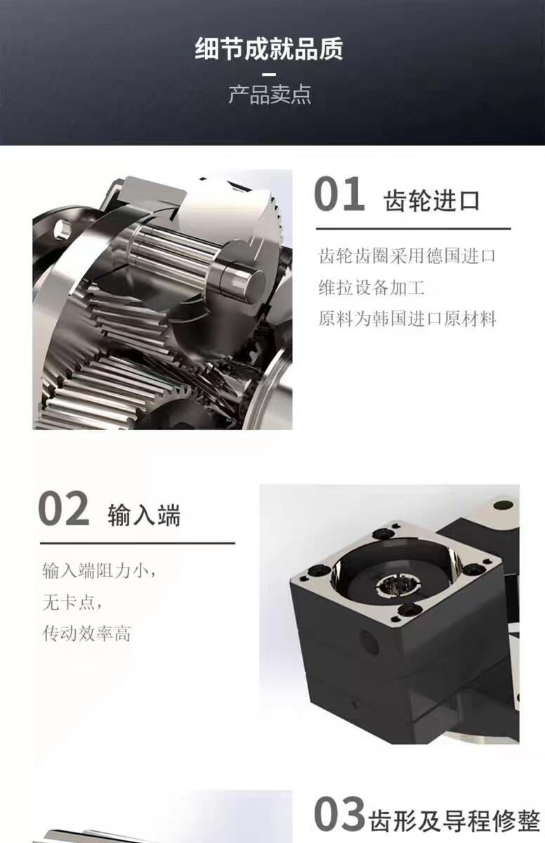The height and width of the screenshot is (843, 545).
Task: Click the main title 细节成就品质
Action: coord(269,49)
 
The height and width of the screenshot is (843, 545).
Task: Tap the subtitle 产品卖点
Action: coord(270,94)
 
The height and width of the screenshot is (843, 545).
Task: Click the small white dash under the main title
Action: coord(268,74)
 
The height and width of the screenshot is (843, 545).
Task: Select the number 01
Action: coord(339,194)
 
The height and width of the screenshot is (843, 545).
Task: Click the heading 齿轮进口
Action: coord(432,201)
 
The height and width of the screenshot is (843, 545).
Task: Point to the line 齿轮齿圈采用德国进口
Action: coord(407,256)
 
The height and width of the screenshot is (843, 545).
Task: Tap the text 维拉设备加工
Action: coord(372,287)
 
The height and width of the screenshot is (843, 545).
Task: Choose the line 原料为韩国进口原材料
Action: coord(407,319)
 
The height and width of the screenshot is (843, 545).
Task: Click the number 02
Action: coord(64,508)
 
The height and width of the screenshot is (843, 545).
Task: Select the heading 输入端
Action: coord(145,515)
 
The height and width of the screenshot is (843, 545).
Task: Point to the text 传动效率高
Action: coord(86,634)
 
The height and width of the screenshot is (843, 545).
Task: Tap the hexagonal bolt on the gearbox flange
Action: coord(62,230)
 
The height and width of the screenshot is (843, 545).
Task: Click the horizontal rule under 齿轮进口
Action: coord(414,228)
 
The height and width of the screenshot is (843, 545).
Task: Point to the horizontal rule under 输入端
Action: coord(138,543)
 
